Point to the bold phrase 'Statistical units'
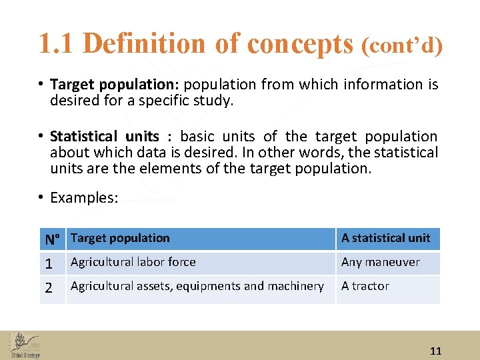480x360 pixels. [105, 137]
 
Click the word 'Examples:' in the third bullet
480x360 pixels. [84, 197]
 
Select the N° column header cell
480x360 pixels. [53, 239]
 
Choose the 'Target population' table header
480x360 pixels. [121, 238]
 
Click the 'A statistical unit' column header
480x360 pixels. [386, 238]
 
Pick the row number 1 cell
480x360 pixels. [49, 263]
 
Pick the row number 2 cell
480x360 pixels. [49, 288]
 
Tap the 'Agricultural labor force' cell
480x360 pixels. [133, 262]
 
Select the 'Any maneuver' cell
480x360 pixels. [380, 262]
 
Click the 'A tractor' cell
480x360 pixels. [365, 286]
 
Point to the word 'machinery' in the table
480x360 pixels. [295, 286]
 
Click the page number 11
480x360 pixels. [436, 351]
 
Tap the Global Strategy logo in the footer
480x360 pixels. [25, 345]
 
